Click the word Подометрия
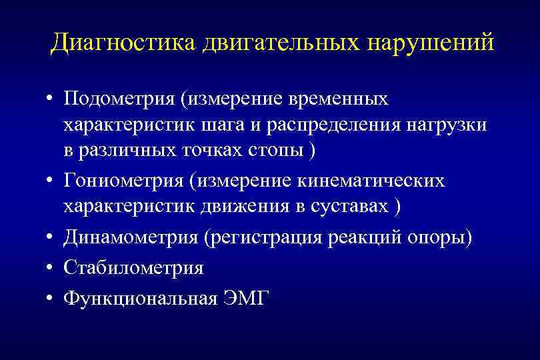coord(117,99)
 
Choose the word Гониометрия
coord(123,182)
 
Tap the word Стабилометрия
coord(133,269)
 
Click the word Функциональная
coord(140,298)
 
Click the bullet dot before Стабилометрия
coord(50,269)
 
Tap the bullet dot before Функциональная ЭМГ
coord(50,299)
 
